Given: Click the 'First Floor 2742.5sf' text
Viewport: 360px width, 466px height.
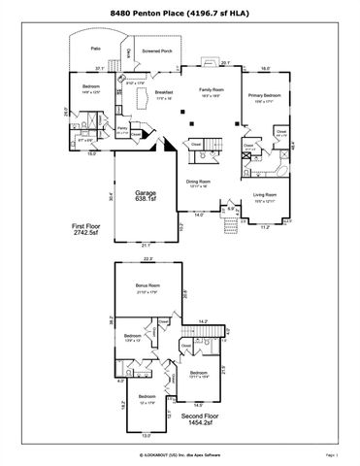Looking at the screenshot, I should click(x=90, y=229).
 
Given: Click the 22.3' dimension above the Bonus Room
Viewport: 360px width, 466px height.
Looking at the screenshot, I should click(x=147, y=259).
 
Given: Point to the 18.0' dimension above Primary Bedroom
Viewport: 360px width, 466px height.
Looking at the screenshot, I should click(x=266, y=69).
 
